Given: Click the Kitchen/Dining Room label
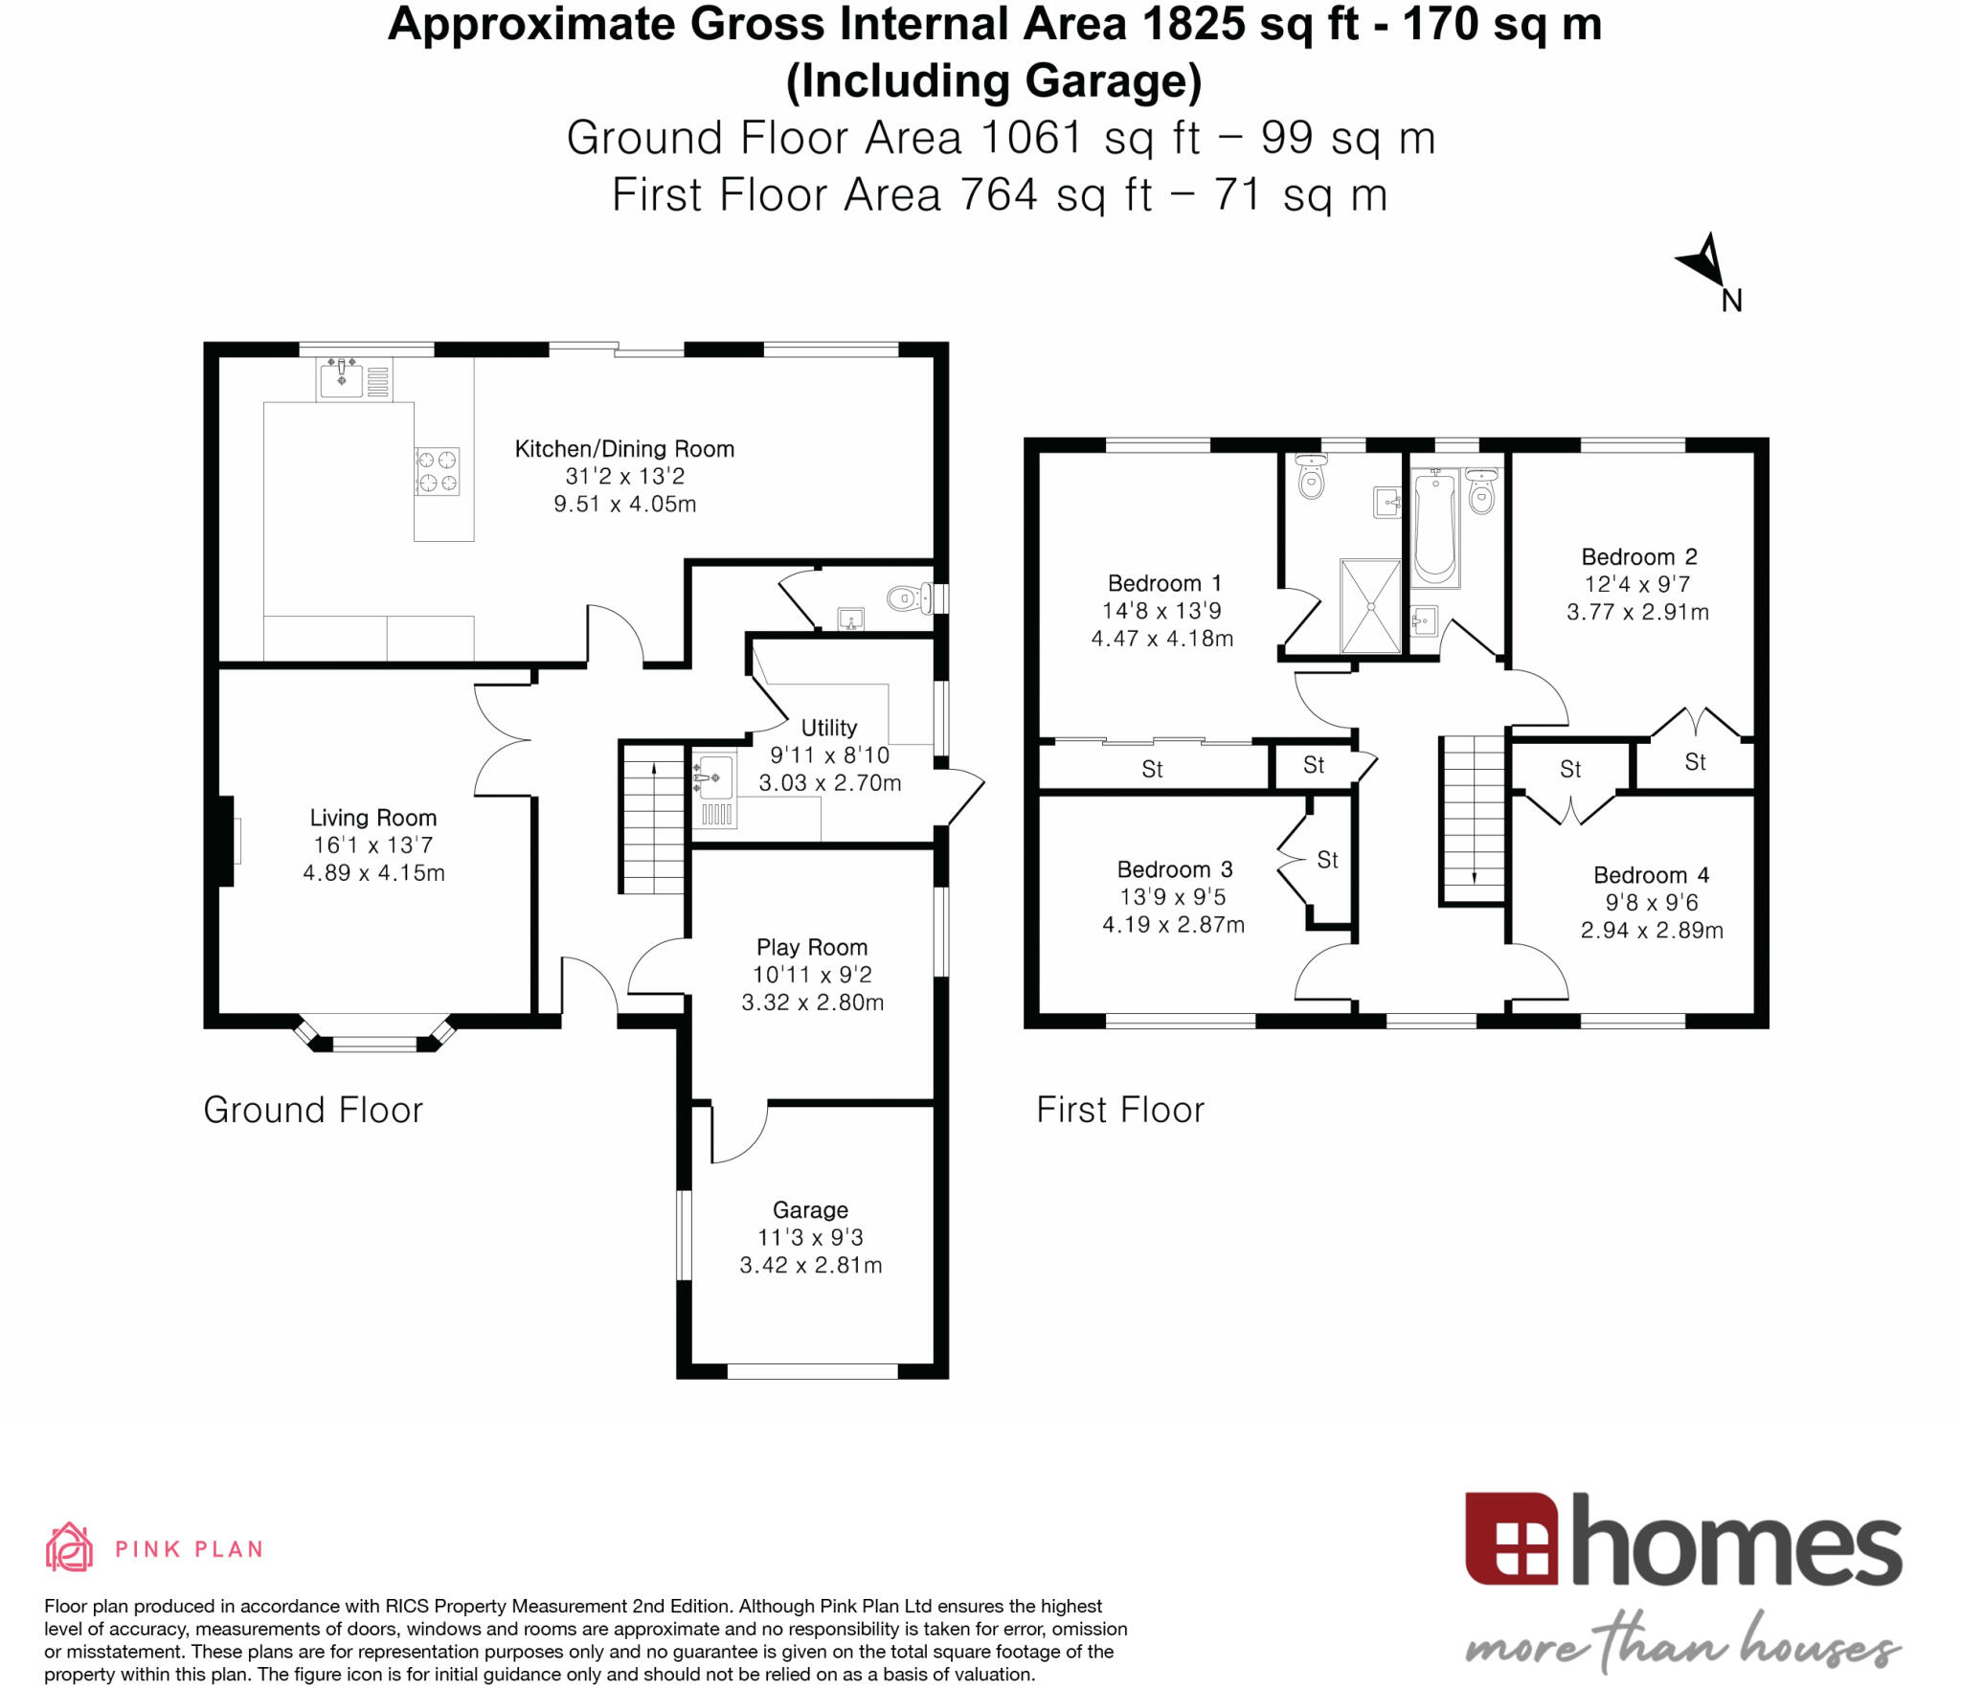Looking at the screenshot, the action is [624, 449].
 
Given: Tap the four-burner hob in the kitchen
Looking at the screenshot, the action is [437, 471].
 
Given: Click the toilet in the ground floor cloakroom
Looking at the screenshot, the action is [909, 599].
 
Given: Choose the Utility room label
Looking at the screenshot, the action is [829, 728].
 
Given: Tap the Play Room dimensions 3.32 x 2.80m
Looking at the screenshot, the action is [812, 1002].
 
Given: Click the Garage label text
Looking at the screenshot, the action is [810, 1210].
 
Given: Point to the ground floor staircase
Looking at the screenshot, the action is [653, 820].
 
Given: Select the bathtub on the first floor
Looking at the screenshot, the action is [1434, 528].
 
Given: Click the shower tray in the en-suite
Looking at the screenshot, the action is [1371, 606].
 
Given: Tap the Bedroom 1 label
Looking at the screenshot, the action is [1164, 583].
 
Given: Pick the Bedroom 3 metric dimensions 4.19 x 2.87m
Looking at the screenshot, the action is [1173, 925].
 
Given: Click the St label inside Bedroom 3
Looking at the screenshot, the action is [1327, 860].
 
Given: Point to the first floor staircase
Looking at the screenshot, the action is [1473, 819].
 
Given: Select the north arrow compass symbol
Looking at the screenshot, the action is [1706, 260].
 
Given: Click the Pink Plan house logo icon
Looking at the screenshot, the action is [69, 1547].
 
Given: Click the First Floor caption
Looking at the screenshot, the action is [1120, 1110].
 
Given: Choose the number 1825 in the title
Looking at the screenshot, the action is [1195, 25].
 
